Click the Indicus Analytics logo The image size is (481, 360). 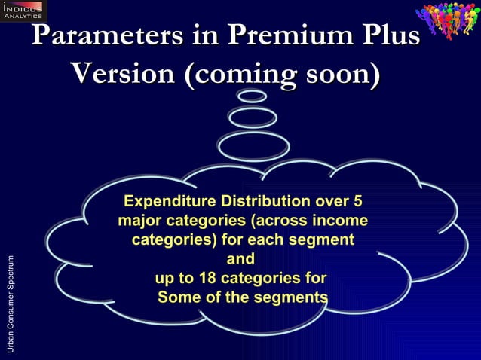coord(23,11)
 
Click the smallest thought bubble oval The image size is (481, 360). coord(252,96)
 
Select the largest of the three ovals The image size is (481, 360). coord(253,145)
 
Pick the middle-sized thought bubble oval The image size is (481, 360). coord(253,117)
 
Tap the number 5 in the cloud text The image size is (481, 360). coord(357,202)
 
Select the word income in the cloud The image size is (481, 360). coord(342,221)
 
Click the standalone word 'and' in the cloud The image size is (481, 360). coord(240,259)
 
